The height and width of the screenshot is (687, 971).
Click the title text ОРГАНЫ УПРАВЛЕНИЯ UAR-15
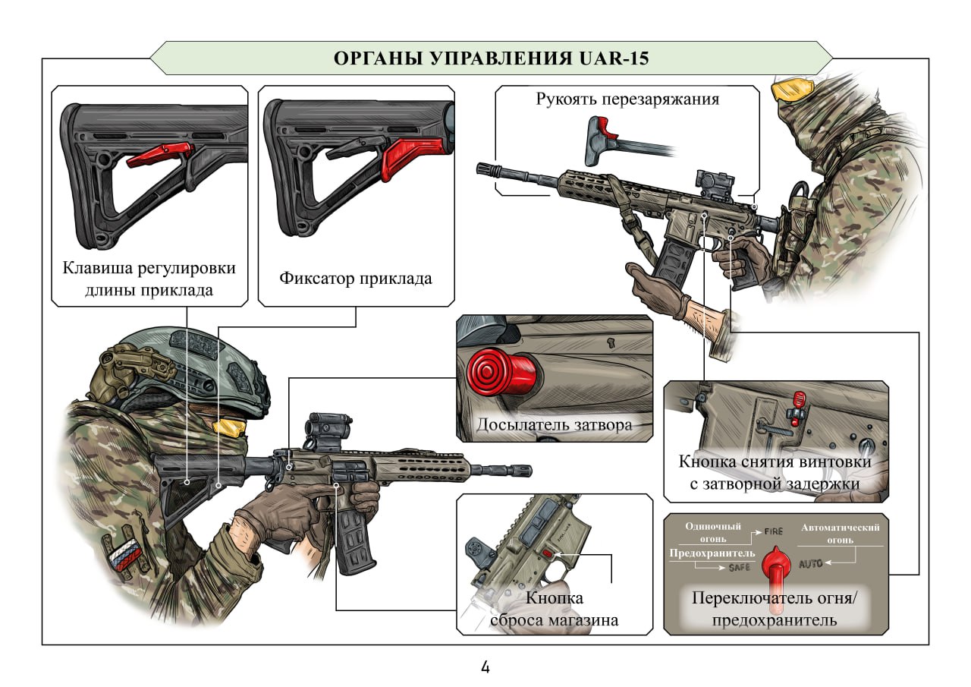click(x=491, y=58)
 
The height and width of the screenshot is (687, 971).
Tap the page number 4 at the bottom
click(x=485, y=668)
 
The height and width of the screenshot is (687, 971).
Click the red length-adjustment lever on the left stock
click(x=155, y=156)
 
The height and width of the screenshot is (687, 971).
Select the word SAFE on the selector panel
click(x=739, y=566)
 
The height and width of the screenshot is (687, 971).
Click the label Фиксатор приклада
click(x=355, y=278)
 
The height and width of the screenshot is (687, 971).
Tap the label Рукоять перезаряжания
click(x=627, y=99)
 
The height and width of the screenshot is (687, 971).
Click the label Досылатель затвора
click(x=554, y=425)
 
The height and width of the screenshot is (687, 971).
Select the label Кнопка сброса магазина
click(x=553, y=610)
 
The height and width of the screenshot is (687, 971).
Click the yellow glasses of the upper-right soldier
click(x=789, y=90)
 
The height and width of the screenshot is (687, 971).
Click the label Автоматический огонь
click(x=840, y=533)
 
